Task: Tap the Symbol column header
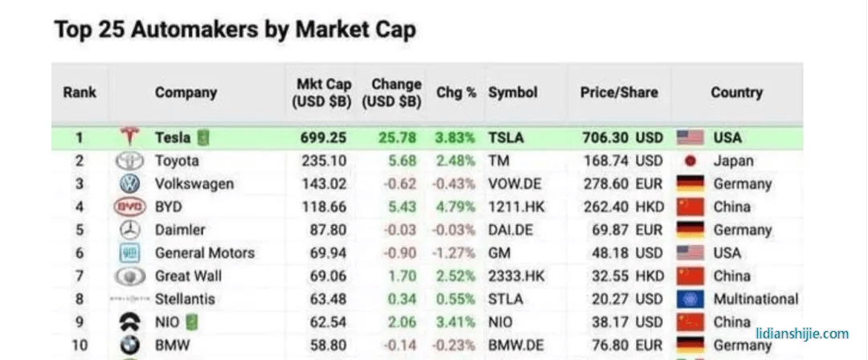click(x=513, y=92)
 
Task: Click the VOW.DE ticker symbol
click(x=517, y=184)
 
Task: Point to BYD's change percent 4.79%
click(x=456, y=207)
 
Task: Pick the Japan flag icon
click(x=690, y=161)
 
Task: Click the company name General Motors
click(x=204, y=253)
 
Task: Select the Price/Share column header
click(x=619, y=92)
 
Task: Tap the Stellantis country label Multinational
click(x=755, y=300)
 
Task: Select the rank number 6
click(x=79, y=253)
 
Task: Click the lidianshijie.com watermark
click(x=802, y=333)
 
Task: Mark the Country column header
click(x=736, y=92)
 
